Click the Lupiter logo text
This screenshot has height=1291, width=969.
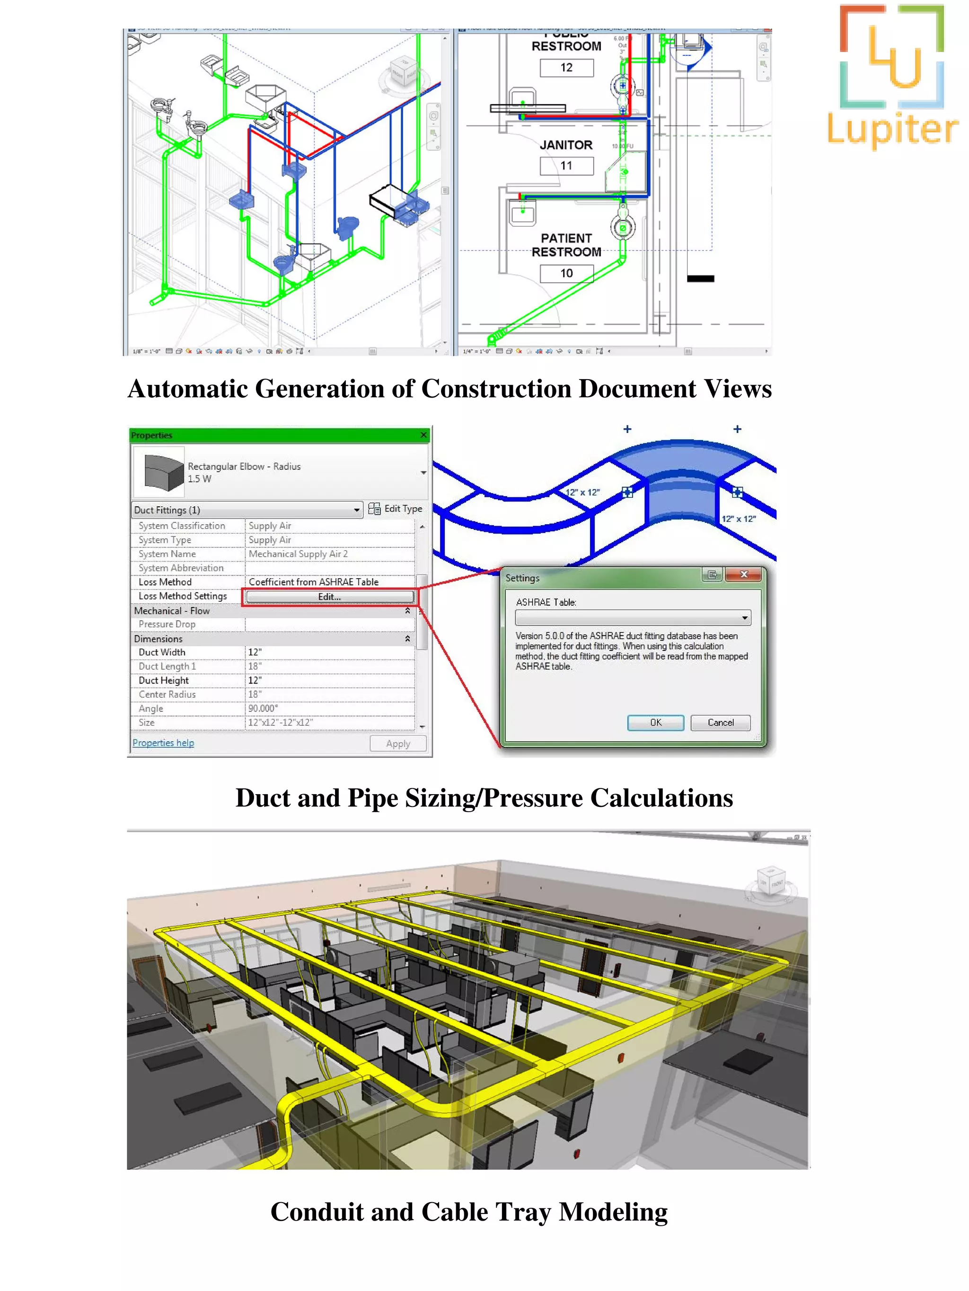coord(892,129)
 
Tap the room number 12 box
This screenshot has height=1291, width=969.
coord(566,68)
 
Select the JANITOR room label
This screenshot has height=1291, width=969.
coord(565,145)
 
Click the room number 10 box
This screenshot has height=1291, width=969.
coord(566,273)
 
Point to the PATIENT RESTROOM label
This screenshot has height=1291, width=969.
coord(566,245)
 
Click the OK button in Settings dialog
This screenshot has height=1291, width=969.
coord(655,722)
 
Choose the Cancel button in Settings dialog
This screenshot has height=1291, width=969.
coord(720,722)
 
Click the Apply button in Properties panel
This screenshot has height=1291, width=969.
coord(398,744)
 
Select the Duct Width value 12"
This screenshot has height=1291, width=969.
coord(255,652)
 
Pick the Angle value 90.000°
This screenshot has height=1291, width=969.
coord(263,708)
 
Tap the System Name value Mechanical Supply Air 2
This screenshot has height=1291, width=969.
coord(298,554)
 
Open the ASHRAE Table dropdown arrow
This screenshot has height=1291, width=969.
coord(745,617)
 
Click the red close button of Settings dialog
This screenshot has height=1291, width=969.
coord(743,574)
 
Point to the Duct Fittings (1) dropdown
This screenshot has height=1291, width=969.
coord(247,510)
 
